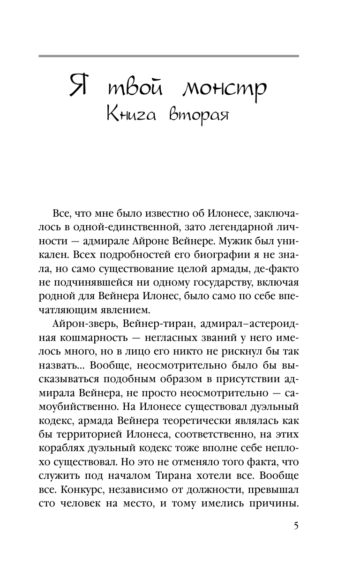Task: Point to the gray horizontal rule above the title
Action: click(x=169, y=56)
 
